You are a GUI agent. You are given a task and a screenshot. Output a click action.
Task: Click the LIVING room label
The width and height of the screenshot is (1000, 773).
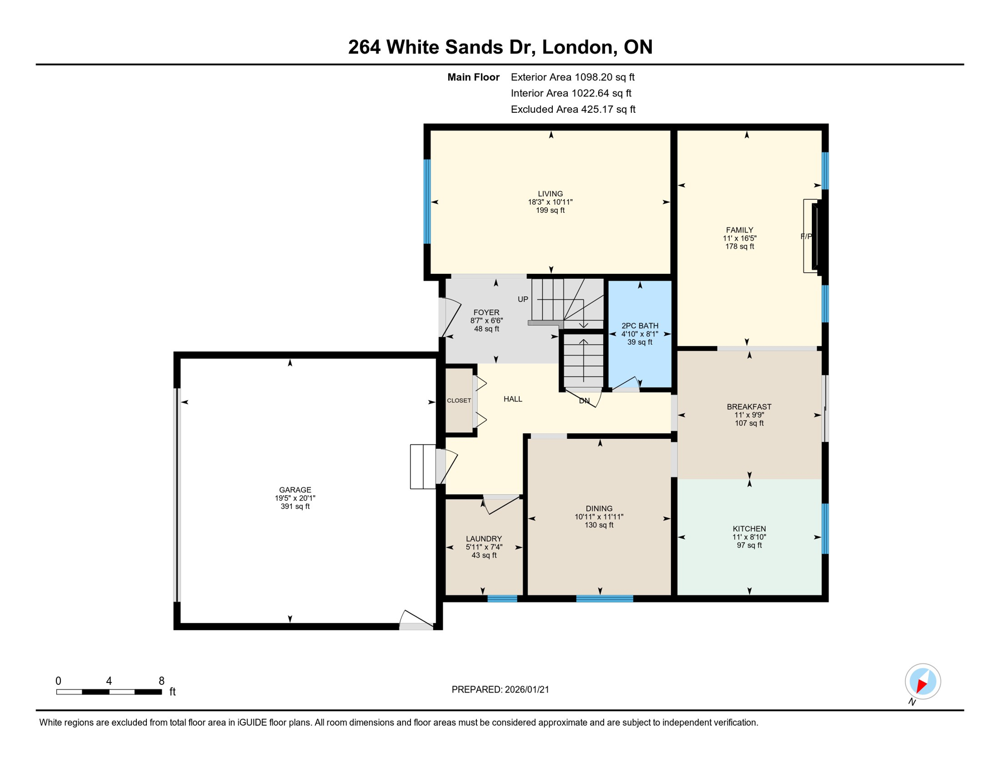pyautogui.click(x=550, y=194)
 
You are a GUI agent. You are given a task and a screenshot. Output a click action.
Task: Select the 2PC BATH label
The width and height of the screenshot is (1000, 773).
pyautogui.click(x=640, y=326)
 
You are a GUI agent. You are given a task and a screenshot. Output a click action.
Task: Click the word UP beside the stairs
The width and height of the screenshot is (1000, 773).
pyautogui.click(x=523, y=299)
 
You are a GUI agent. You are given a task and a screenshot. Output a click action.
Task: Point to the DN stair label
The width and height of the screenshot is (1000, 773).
pyautogui.click(x=584, y=401)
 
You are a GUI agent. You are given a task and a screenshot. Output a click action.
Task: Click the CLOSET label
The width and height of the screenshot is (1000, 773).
pyautogui.click(x=459, y=401)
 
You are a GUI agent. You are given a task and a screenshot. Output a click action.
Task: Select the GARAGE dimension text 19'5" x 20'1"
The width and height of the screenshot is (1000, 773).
pyautogui.click(x=295, y=498)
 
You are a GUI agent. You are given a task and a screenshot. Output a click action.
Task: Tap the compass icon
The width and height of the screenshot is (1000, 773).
pyautogui.click(x=923, y=681)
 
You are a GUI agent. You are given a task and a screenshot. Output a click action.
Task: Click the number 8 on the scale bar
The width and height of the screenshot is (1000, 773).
pyautogui.click(x=161, y=681)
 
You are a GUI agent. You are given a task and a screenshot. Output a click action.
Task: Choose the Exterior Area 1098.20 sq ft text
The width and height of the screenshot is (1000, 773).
pyautogui.click(x=572, y=77)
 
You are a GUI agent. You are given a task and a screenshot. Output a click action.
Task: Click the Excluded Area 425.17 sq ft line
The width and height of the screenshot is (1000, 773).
pyautogui.click(x=573, y=109)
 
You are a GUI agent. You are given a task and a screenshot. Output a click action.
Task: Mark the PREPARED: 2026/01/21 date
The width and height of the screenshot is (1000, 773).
pyautogui.click(x=500, y=689)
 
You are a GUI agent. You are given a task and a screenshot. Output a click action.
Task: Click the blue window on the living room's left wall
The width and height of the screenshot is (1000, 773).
pyautogui.click(x=427, y=201)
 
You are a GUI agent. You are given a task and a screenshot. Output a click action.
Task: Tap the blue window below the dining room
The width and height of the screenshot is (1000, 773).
pyautogui.click(x=605, y=598)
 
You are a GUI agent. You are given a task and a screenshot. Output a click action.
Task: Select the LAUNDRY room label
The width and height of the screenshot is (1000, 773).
pyautogui.click(x=483, y=538)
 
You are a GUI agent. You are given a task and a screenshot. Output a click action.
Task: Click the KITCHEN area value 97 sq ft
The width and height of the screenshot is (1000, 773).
pyautogui.click(x=749, y=545)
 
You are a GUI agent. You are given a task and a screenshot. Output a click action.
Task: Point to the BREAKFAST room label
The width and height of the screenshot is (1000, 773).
pyautogui.click(x=749, y=407)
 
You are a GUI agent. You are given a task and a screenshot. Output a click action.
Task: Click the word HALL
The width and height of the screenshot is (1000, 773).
pyautogui.click(x=513, y=399)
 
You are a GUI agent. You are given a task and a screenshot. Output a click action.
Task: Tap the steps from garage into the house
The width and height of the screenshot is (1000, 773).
pyautogui.click(x=423, y=467)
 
